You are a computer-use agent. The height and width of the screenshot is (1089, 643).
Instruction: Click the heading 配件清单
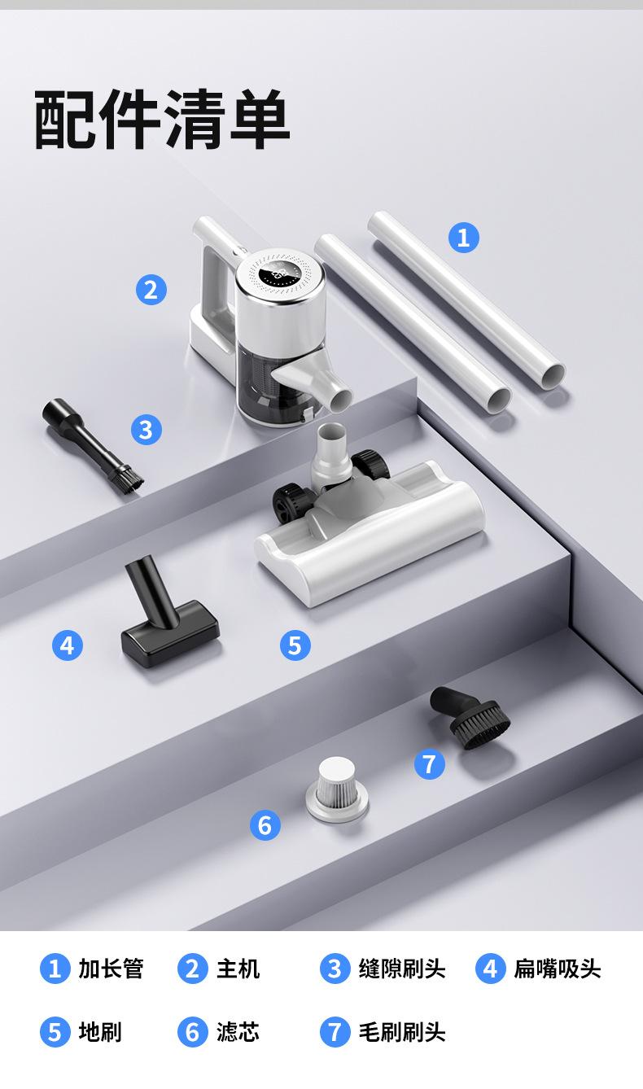[162, 119]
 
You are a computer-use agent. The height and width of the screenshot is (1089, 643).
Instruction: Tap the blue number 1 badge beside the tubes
[464, 237]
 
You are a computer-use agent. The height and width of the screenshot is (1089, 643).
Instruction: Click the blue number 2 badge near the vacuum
[151, 290]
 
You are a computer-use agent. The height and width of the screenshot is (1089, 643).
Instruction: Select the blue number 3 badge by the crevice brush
[147, 430]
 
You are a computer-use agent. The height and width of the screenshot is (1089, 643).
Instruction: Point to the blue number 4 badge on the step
[68, 645]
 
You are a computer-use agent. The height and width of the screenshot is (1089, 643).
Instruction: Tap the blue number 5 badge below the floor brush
[295, 645]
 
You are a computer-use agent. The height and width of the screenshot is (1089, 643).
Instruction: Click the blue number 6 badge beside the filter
[265, 824]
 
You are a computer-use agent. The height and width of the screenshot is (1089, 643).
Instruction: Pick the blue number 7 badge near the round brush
[430, 763]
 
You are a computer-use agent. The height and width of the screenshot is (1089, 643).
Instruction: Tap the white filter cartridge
[337, 789]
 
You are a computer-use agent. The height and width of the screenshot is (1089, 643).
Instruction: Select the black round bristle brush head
[470, 717]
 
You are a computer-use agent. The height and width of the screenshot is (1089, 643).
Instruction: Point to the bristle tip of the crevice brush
[127, 479]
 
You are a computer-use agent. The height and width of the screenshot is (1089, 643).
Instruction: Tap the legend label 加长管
[111, 968]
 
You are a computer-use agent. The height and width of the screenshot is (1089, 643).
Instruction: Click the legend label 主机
[238, 968]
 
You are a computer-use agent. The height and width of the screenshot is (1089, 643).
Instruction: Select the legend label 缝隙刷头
[402, 968]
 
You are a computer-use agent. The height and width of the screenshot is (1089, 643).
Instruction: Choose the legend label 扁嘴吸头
[558, 968]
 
